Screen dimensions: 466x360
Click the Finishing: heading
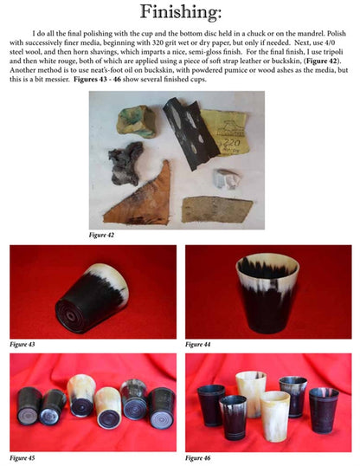[x=180, y=13]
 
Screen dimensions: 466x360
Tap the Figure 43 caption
[x=24, y=344]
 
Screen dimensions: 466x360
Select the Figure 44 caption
[x=200, y=344]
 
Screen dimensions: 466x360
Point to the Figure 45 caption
[x=24, y=456]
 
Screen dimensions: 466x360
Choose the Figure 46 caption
[x=200, y=456]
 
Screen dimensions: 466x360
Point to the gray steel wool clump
[x=125, y=162]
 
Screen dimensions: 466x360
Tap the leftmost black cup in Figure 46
[x=210, y=405]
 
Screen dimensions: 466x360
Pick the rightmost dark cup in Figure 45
[x=162, y=407]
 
